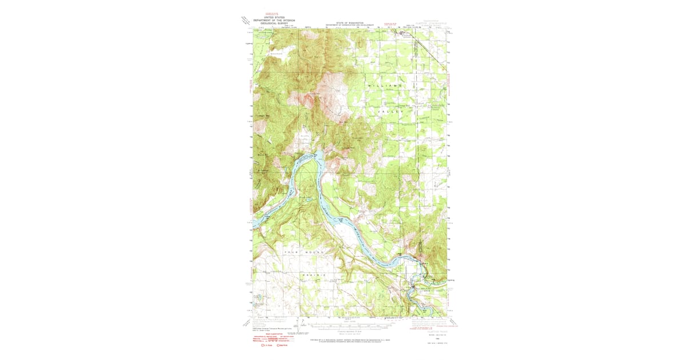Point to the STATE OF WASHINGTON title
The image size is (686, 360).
point(350,23)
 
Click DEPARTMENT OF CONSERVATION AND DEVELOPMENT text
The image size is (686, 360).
point(350,26)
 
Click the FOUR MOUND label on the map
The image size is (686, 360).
point(304,252)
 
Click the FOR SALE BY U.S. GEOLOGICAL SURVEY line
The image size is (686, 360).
point(350,340)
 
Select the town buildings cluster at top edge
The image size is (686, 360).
point(404,34)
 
